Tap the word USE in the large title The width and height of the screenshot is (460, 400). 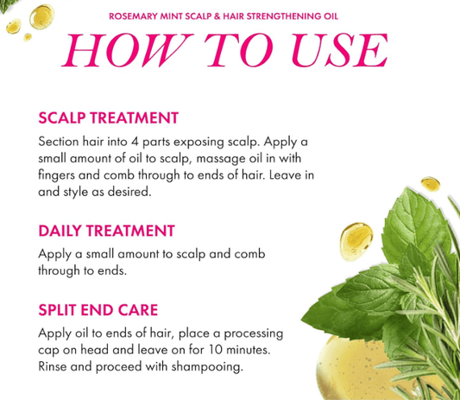click(x=340, y=50)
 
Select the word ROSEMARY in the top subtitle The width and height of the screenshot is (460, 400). click(x=133, y=16)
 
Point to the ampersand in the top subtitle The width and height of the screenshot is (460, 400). click(x=217, y=16)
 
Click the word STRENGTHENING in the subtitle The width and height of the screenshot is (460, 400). click(x=284, y=16)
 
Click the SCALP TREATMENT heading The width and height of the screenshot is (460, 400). click(x=108, y=118)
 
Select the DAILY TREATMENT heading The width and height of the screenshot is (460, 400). click(x=106, y=231)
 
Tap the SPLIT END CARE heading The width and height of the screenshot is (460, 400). click(x=98, y=310)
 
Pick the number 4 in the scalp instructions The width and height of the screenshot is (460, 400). click(x=135, y=143)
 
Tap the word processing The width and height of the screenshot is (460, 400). click(x=254, y=334)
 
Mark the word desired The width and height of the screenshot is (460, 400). click(x=129, y=192)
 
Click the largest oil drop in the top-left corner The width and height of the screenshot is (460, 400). click(x=42, y=16)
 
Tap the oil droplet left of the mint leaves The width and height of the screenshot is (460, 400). click(x=356, y=242)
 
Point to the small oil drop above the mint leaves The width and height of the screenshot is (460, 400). click(x=431, y=184)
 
